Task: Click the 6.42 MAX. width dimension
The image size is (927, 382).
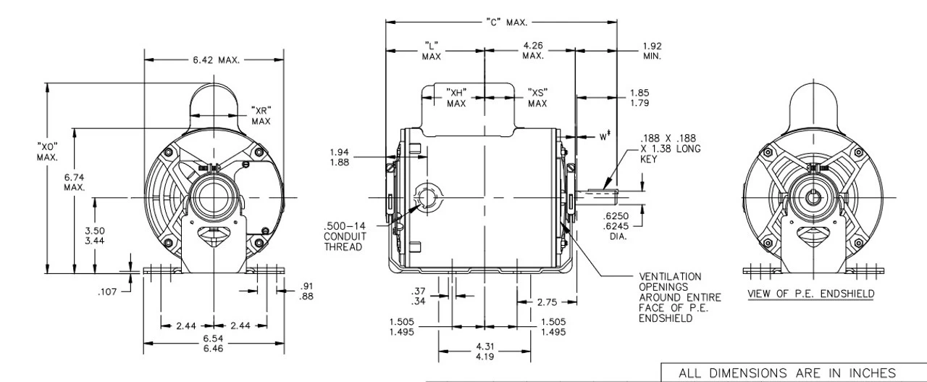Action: [215, 59]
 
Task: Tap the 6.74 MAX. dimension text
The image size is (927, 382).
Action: [75, 182]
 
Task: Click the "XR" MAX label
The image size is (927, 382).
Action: [261, 115]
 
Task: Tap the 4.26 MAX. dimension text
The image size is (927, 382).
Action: [533, 51]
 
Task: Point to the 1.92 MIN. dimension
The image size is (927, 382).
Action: [651, 51]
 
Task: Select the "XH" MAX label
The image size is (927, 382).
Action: [456, 98]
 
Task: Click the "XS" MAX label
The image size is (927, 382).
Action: [537, 98]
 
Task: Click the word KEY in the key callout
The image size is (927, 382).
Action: [649, 159]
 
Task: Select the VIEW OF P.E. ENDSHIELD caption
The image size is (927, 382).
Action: [811, 294]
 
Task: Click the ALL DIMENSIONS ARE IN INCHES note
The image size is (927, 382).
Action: [787, 372]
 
